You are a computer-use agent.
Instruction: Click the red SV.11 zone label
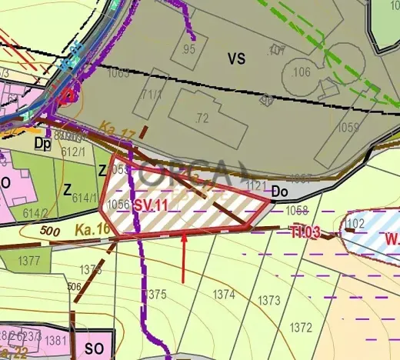point(151,205)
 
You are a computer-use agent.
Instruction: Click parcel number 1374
point(224,294)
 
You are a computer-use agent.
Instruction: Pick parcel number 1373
point(269,300)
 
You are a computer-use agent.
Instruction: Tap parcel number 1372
point(300,328)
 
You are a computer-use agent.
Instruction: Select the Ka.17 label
point(116,135)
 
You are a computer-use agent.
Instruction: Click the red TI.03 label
point(304,232)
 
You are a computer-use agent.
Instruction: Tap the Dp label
point(43,143)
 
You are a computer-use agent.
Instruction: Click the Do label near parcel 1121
point(280,190)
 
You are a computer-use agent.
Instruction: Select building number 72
point(202,118)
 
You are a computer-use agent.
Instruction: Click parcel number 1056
point(118,204)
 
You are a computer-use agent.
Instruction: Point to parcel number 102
point(355,223)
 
